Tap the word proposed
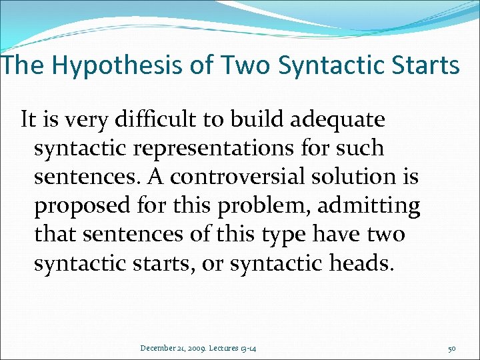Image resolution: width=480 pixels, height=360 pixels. coord(75,206)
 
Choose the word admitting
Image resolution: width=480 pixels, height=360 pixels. coord(369,206)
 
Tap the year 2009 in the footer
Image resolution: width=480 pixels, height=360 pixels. coord(195,347)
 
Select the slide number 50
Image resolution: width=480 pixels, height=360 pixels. coord(451,347)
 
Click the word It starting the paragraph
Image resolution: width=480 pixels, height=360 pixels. coord(28,119)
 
